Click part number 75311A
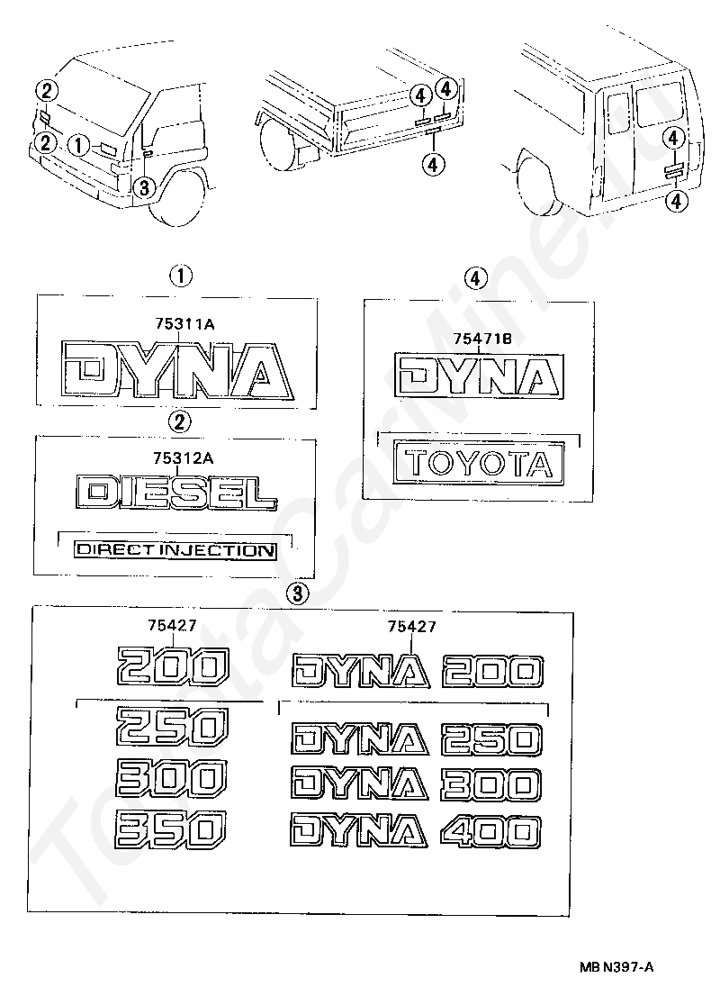182,327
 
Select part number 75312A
182,457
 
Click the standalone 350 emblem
171,827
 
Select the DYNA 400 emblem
415,830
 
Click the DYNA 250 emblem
417,739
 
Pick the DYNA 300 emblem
415,783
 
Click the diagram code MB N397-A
616,966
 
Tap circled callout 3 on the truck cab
142,187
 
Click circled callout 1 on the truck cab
78,144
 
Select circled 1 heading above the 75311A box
182,275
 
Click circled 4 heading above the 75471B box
478,277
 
